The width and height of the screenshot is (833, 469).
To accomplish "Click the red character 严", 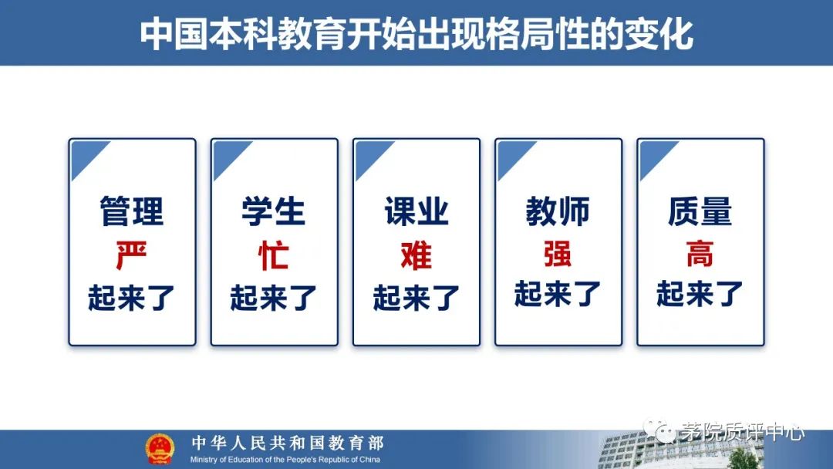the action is pyautogui.click(x=131, y=255).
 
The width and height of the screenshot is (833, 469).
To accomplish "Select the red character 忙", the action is pyautogui.click(x=274, y=255).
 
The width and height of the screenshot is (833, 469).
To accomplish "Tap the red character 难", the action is pyautogui.click(x=416, y=255).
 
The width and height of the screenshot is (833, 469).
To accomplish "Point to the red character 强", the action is pyautogui.click(x=558, y=254).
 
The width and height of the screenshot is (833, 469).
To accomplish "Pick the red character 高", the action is pyautogui.click(x=700, y=254).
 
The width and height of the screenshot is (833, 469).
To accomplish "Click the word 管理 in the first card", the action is pyautogui.click(x=132, y=211).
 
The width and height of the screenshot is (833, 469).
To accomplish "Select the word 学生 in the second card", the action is pyautogui.click(x=274, y=211).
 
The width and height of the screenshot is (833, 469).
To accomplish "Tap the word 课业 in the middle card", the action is pyautogui.click(x=416, y=211).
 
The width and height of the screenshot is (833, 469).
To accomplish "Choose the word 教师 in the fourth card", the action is pyautogui.click(x=558, y=211).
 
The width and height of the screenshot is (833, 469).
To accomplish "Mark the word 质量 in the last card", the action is pyautogui.click(x=700, y=211).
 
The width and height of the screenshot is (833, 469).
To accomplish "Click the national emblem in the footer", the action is pyautogui.click(x=160, y=450).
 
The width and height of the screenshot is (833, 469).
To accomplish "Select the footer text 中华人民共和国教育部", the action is pyautogui.click(x=288, y=443).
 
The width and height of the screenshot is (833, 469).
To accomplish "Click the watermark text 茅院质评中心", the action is pyautogui.click(x=742, y=432).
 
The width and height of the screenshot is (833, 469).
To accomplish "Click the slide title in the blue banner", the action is pyautogui.click(x=416, y=34).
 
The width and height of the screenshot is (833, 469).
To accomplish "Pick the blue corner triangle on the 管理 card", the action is pyautogui.click(x=85, y=155).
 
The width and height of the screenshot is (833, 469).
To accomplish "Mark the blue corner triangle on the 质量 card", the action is pyautogui.click(x=653, y=155).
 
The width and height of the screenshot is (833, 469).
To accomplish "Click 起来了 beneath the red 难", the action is pyautogui.click(x=416, y=297).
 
